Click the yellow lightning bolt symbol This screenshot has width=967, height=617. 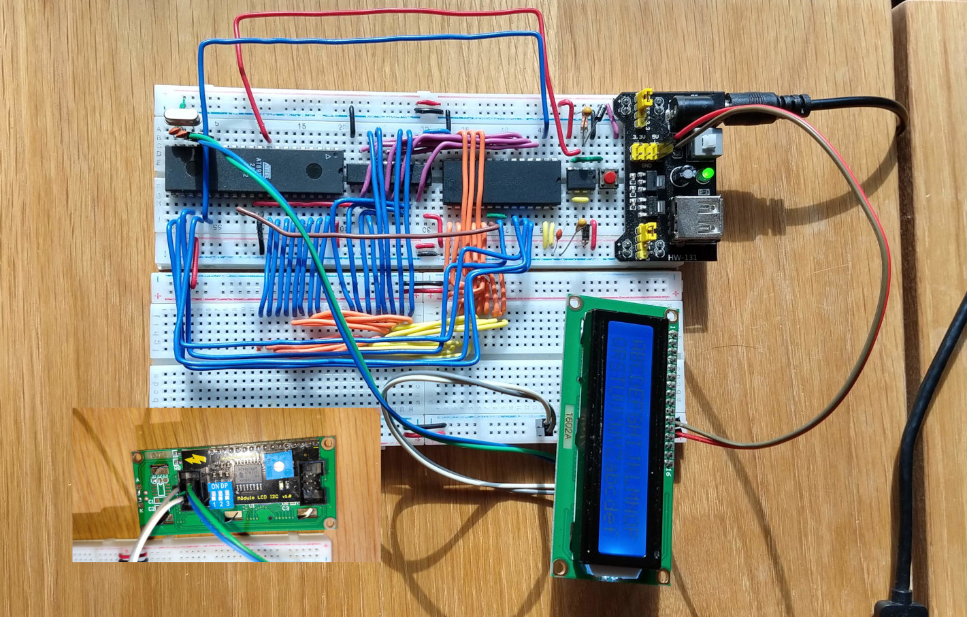point(194,458)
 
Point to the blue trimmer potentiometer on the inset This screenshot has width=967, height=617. point(276,468)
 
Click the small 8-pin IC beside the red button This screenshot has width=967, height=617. point(580,179)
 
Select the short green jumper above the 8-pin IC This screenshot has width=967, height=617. point(585,159)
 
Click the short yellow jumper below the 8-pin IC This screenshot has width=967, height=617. point(580,200)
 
